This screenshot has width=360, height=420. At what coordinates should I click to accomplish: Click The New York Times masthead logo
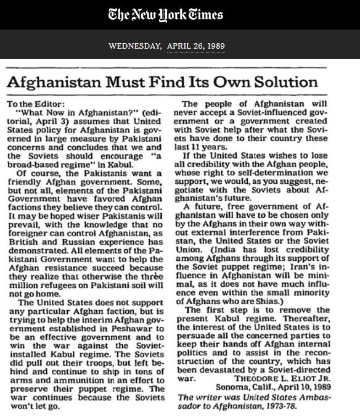tap(165, 15)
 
